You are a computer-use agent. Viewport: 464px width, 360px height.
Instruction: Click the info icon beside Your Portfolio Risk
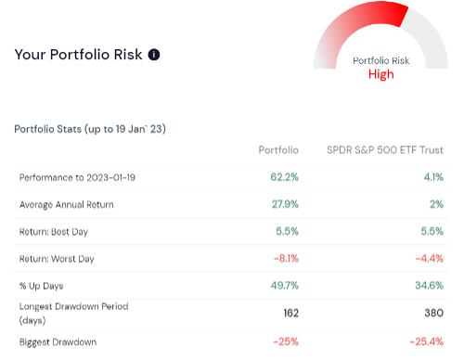tap(154, 55)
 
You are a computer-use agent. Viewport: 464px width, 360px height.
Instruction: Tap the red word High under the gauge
tap(380, 74)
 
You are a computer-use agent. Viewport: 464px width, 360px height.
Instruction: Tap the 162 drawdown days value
tap(290, 313)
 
